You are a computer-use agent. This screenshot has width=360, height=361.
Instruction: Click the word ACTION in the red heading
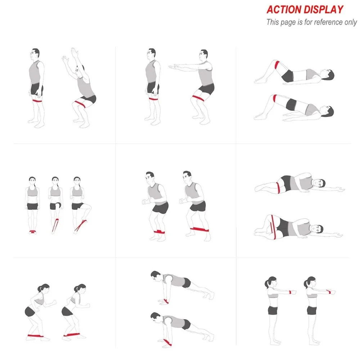(284, 10)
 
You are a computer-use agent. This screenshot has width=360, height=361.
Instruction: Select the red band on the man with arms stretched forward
(198, 98)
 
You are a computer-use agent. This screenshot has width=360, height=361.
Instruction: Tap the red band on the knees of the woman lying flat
(277, 65)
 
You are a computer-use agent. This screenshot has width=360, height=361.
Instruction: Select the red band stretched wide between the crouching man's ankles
(199, 229)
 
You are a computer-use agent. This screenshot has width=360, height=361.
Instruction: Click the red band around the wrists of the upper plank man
(166, 301)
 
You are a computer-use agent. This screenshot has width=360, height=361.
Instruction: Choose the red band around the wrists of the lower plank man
(167, 342)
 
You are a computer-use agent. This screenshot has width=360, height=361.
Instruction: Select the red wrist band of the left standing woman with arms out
(290, 292)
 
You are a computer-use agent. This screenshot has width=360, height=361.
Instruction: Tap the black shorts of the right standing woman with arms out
(312, 310)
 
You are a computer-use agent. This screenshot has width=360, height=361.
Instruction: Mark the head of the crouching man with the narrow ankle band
(150, 176)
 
